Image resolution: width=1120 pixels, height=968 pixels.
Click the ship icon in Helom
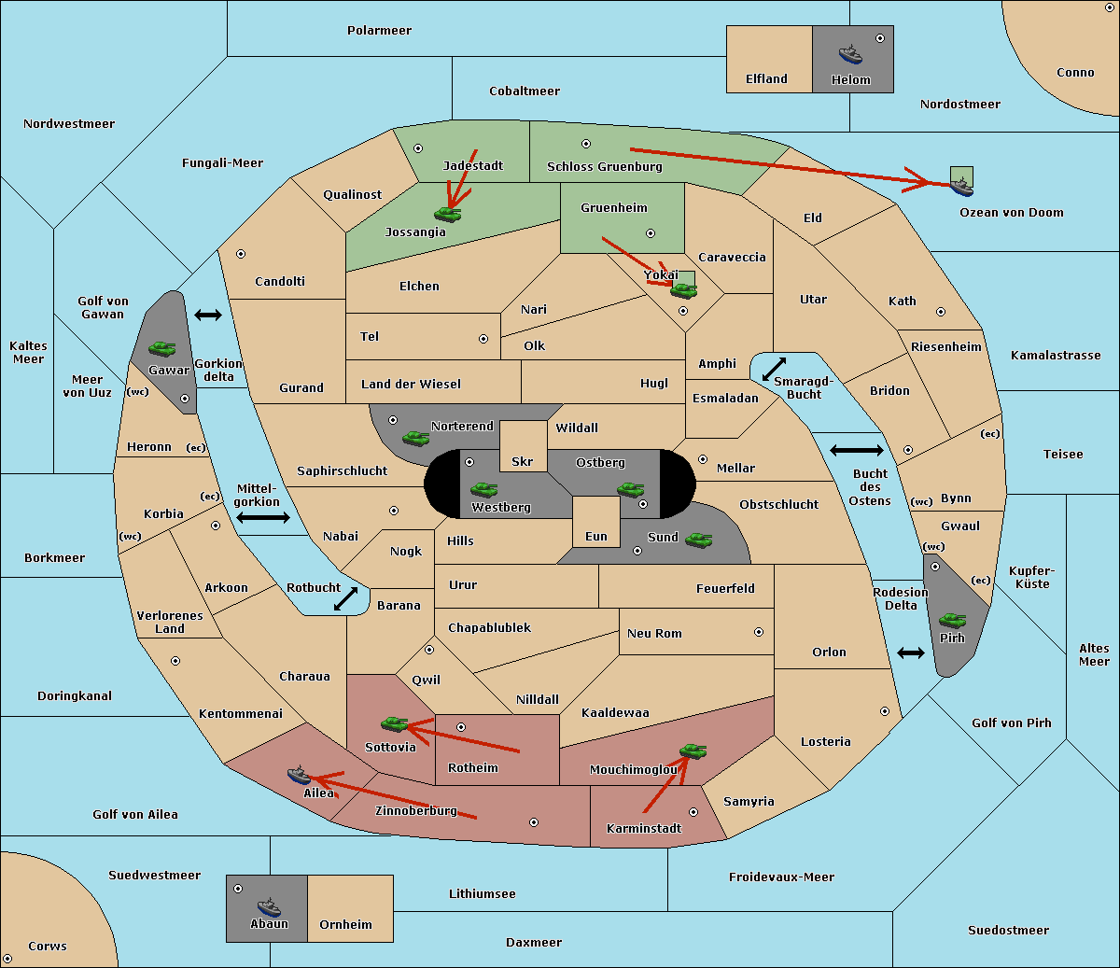tap(850, 54)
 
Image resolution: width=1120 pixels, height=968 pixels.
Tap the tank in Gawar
tap(162, 348)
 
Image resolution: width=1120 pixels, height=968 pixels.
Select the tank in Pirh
tap(952, 620)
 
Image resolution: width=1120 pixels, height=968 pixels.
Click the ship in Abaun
tap(269, 906)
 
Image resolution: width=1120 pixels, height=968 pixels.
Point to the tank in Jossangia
tap(448, 214)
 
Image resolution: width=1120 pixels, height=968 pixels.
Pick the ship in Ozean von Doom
tap(961, 187)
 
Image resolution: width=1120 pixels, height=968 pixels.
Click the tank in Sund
tap(698, 540)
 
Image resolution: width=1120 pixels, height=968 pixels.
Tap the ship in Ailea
tap(299, 775)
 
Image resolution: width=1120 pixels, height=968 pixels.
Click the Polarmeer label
tap(379, 31)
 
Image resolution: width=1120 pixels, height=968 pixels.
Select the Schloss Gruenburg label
tap(605, 166)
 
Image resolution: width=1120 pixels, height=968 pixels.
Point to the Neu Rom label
tap(654, 633)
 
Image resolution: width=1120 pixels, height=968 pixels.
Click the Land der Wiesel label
tap(411, 384)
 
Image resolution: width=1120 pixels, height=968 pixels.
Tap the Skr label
tap(523, 461)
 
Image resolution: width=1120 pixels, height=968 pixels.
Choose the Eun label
tap(596, 536)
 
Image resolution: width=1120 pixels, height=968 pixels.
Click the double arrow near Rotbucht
tap(345, 598)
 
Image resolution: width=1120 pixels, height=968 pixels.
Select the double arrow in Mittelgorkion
tap(263, 517)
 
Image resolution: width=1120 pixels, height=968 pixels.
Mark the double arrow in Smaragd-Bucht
tap(774, 369)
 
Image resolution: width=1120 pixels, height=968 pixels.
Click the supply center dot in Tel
tap(483, 339)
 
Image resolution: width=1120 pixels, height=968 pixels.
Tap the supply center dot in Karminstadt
tap(693, 812)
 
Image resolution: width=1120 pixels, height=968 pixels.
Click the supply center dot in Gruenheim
tap(651, 233)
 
